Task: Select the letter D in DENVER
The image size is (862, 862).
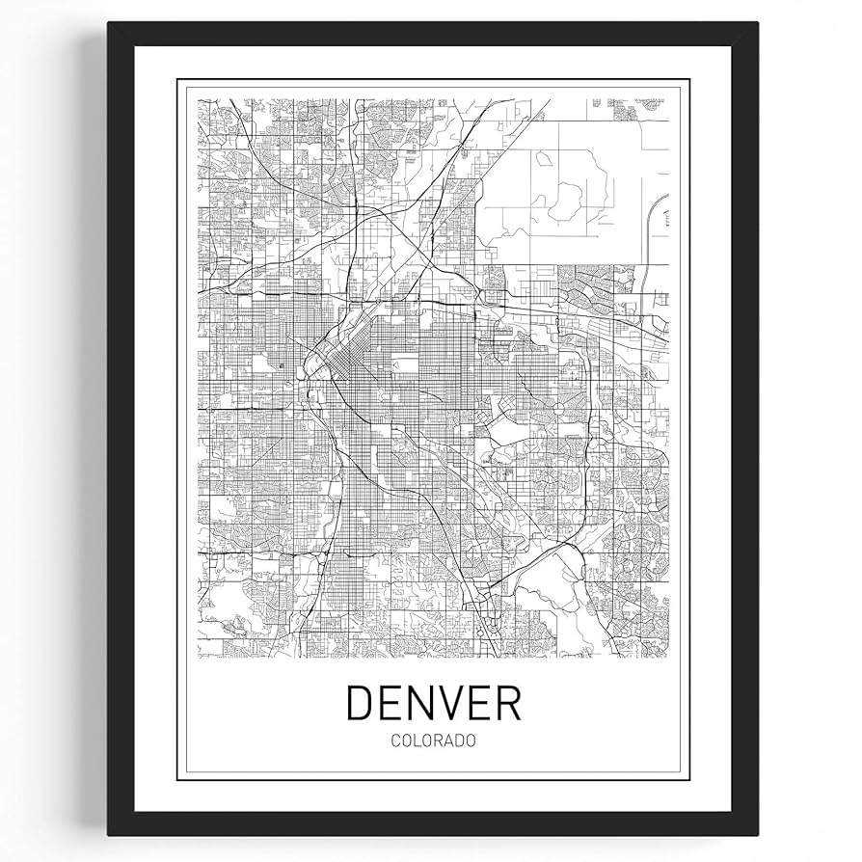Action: [x=361, y=703]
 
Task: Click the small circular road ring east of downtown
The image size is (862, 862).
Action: [x=557, y=411]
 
